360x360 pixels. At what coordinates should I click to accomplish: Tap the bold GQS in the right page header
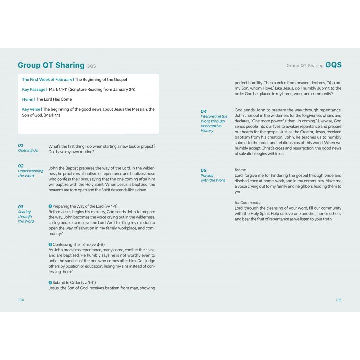pos(333,65)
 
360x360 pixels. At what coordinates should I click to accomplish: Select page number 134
pos(21,300)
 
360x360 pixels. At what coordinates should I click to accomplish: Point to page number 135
pos(338,300)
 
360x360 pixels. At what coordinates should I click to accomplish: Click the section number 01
pos(21,145)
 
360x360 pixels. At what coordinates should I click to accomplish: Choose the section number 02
pos(21,165)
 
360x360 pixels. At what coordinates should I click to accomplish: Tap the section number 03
pos(21,206)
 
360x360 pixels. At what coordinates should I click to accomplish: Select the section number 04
pos(204,111)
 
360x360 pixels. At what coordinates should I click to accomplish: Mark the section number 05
pos(204,170)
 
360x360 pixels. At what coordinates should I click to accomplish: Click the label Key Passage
pos(34,89)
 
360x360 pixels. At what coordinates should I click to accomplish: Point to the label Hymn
pos(28,99)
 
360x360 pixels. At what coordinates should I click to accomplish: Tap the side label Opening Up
pos(28,150)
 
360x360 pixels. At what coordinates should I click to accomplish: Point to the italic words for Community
pos(248,203)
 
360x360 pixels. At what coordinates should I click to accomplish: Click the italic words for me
pos(240,170)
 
